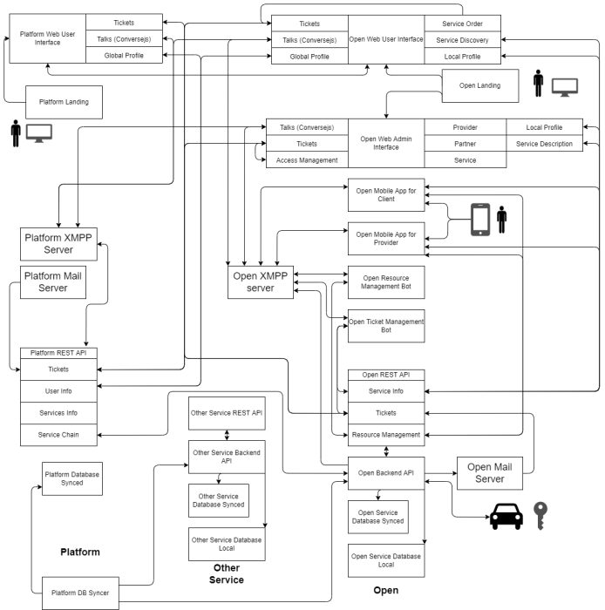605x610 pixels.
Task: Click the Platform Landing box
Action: [64, 102]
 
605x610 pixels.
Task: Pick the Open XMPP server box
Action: [261, 283]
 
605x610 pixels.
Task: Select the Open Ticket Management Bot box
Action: [386, 327]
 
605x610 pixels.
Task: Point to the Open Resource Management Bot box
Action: [386, 283]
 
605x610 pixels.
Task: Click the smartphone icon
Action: [480, 219]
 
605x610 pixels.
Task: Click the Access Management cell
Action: [306, 160]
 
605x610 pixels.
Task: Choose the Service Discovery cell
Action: [463, 40]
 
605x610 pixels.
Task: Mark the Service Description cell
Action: [544, 144]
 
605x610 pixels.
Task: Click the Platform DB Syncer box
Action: [81, 593]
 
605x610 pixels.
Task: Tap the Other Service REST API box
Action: [226, 412]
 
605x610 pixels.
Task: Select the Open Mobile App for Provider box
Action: [386, 240]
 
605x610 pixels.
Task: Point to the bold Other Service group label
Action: [226, 573]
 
